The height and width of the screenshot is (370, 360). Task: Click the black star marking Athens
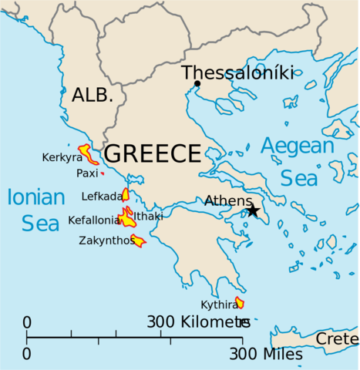point(252,210)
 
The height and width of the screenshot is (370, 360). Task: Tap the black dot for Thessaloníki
point(197,84)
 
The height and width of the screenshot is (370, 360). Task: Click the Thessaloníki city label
point(237,73)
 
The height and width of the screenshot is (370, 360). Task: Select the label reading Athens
point(227,200)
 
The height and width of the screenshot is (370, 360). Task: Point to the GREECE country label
point(153,153)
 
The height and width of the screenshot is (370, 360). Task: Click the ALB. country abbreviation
point(93,96)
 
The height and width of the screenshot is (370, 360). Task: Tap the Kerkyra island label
point(62,158)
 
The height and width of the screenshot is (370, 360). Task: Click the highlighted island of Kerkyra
point(89,153)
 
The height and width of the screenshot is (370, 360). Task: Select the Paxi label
point(86,174)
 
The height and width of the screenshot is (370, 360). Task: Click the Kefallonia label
point(93,220)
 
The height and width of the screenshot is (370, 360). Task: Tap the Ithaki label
point(149,217)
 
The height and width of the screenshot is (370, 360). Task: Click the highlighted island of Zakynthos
point(138,241)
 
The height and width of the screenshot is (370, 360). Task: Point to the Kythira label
point(217,304)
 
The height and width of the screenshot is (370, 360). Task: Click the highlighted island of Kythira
point(240,303)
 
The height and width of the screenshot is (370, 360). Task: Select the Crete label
point(337,339)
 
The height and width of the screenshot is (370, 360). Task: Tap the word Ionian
point(35,197)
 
